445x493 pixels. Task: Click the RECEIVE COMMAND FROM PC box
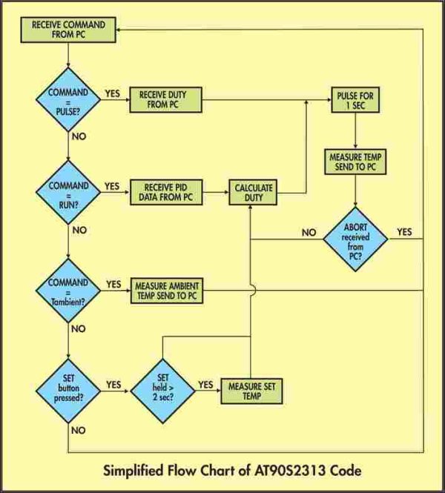coord(68,30)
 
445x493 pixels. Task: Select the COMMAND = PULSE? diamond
coord(68,99)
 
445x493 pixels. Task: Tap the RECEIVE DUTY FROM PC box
coord(165,99)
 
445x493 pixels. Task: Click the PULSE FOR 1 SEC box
coord(355,99)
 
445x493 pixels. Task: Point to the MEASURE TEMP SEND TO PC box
coord(355,162)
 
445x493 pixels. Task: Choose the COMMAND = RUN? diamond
coord(68,193)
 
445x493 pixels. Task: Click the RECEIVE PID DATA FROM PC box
coord(166,193)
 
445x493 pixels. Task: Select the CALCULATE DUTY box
coord(253,193)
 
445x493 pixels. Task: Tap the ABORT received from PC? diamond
coord(356,239)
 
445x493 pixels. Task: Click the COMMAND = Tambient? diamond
coord(68,291)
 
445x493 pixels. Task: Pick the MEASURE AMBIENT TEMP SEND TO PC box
coord(167,291)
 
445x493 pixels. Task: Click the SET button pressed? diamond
coord(68,391)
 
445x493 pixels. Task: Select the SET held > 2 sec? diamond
coord(162,391)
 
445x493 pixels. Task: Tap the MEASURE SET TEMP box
coord(251,391)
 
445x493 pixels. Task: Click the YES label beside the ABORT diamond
coord(404,232)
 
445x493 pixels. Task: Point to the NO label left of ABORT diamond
coord(309,232)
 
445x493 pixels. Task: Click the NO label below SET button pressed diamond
coord(79,430)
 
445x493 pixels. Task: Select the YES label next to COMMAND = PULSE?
coord(112,93)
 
